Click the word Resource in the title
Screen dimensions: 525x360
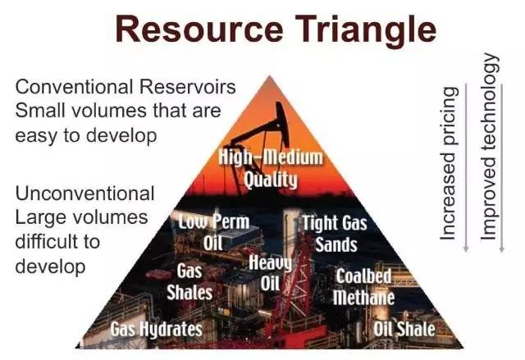click(199, 30)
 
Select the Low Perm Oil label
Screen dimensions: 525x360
click(213, 231)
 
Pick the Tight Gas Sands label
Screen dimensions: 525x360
click(336, 234)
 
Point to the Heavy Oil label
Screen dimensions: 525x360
click(271, 273)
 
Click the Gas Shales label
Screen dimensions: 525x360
click(189, 282)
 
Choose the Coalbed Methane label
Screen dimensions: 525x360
click(364, 287)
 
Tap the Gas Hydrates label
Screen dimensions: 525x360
click(157, 329)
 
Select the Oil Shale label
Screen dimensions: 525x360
click(404, 329)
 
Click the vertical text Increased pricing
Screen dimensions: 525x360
click(449, 163)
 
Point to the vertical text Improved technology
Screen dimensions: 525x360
click(490, 147)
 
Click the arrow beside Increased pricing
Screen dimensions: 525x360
click(466, 167)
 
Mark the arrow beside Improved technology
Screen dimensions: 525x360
click(501, 167)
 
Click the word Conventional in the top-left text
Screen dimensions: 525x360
click(74, 87)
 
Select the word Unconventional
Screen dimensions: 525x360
click(84, 194)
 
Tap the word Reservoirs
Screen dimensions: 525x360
click(188, 87)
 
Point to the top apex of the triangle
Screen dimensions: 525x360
click(270, 76)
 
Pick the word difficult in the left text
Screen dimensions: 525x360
click(57, 242)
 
